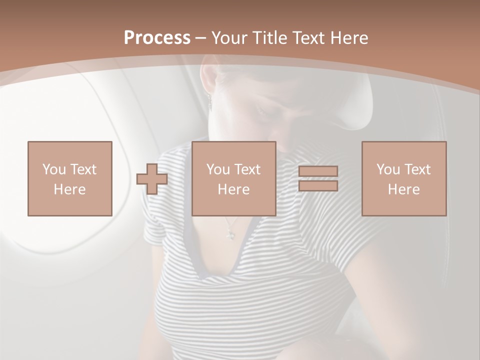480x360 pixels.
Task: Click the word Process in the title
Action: (157, 38)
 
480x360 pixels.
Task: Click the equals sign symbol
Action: (318, 178)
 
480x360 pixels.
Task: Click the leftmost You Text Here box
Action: (70, 178)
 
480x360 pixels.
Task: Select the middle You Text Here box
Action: (233, 178)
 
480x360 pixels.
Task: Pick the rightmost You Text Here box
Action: (404, 178)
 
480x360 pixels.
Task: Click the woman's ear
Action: (208, 82)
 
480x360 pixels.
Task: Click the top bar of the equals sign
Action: (318, 171)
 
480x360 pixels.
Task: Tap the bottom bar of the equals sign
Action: (318, 185)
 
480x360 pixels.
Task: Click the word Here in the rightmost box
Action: (404, 189)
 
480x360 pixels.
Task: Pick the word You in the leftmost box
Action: (53, 169)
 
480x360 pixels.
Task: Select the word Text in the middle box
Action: (247, 169)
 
